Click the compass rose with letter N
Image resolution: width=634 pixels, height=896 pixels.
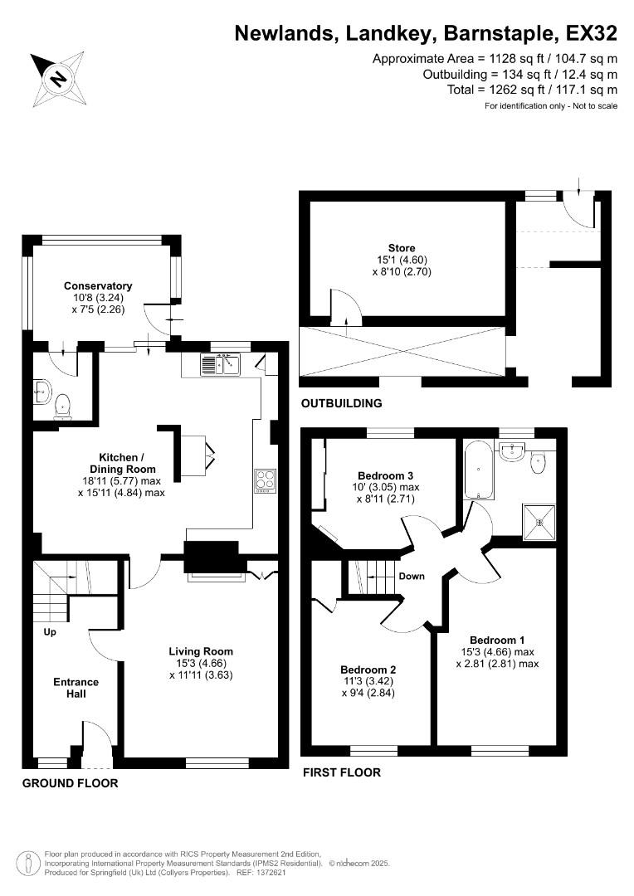[57, 78]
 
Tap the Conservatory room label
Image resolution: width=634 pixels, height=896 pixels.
[98, 286]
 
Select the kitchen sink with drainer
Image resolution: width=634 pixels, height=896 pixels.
[219, 363]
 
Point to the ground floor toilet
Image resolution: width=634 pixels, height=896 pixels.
[62, 407]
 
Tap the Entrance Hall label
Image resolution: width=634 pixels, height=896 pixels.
[76, 688]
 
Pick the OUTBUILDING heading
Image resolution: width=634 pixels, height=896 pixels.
[341, 404]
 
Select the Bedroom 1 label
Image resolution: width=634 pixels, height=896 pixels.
[497, 640]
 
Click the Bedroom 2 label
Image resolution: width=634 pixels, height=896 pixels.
[368, 670]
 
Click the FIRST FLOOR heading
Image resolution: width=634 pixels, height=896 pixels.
[341, 772]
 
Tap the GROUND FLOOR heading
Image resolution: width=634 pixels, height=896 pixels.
[70, 783]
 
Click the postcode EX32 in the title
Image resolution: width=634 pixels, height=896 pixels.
[591, 34]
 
